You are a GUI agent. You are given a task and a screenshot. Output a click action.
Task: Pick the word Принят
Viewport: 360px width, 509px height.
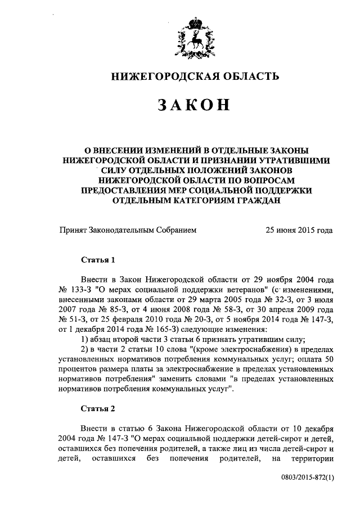pyautogui.click(x=73, y=230)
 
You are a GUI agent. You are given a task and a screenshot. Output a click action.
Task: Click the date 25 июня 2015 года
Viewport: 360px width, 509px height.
pyautogui.click(x=298, y=230)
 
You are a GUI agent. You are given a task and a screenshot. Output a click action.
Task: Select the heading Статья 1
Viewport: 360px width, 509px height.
pyautogui.click(x=98, y=260)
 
